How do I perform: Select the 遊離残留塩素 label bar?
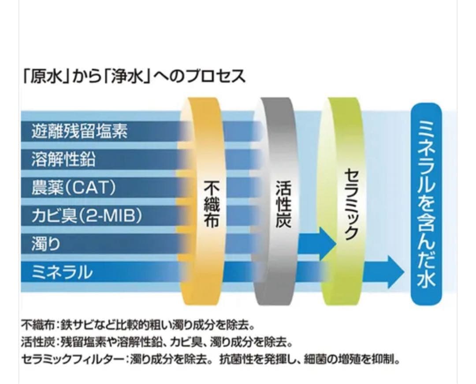coord(80,131)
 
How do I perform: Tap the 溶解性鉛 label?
coord(63,159)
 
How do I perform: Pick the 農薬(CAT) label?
coord(74,188)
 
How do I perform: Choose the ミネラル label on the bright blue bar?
coord(62,272)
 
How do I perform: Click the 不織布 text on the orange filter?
coord(212,204)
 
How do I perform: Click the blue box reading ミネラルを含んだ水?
coord(426,204)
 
